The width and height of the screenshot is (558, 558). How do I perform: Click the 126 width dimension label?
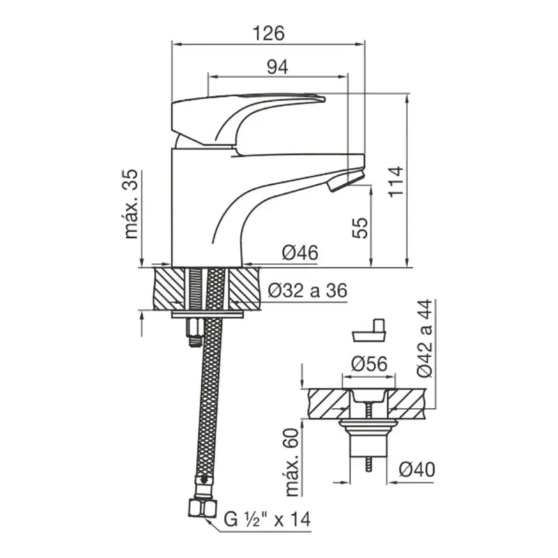click(269, 33)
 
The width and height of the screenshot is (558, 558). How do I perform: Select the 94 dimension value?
click(278, 66)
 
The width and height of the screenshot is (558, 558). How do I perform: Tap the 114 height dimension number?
click(395, 181)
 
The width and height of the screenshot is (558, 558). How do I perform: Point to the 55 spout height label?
click(360, 228)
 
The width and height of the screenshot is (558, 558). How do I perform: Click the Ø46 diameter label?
click(300, 252)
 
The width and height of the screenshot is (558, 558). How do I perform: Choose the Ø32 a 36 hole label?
click(308, 291)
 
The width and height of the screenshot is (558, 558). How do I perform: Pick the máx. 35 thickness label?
click(131, 204)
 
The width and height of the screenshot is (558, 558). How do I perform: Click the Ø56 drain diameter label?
click(369, 363)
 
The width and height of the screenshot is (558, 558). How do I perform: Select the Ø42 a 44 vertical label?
click(425, 338)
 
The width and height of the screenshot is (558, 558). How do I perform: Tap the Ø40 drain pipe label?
click(416, 469)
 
